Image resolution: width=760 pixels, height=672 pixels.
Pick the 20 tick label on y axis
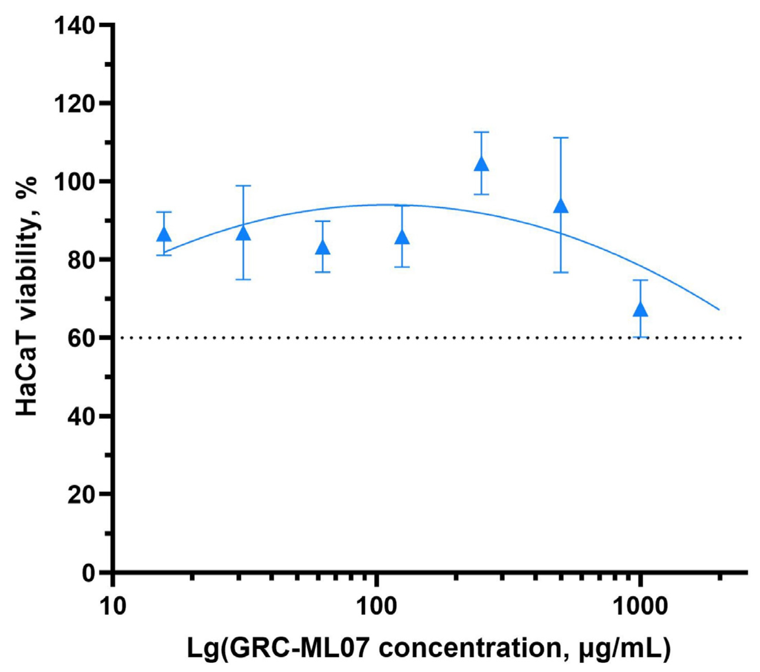84,496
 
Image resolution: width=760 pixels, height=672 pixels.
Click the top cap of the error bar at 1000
640,280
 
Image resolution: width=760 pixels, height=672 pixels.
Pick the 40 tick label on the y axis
84,417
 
